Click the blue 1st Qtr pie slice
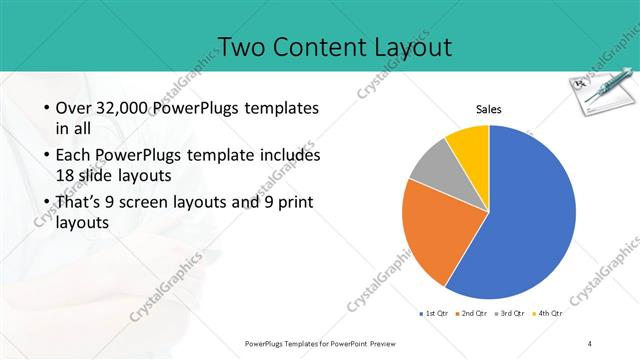pyautogui.click(x=530, y=220)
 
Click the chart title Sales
pyautogui.click(x=488, y=109)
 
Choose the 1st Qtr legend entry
pyautogui.click(x=434, y=313)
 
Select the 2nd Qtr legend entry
pyautogui.click(x=473, y=313)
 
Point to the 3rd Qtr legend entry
pyautogui.click(x=511, y=313)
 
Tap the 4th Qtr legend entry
pyautogui.click(x=549, y=313)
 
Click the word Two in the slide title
pyautogui.click(x=242, y=46)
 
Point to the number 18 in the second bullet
pyautogui.click(x=66, y=176)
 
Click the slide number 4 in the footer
pyautogui.click(x=590, y=344)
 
